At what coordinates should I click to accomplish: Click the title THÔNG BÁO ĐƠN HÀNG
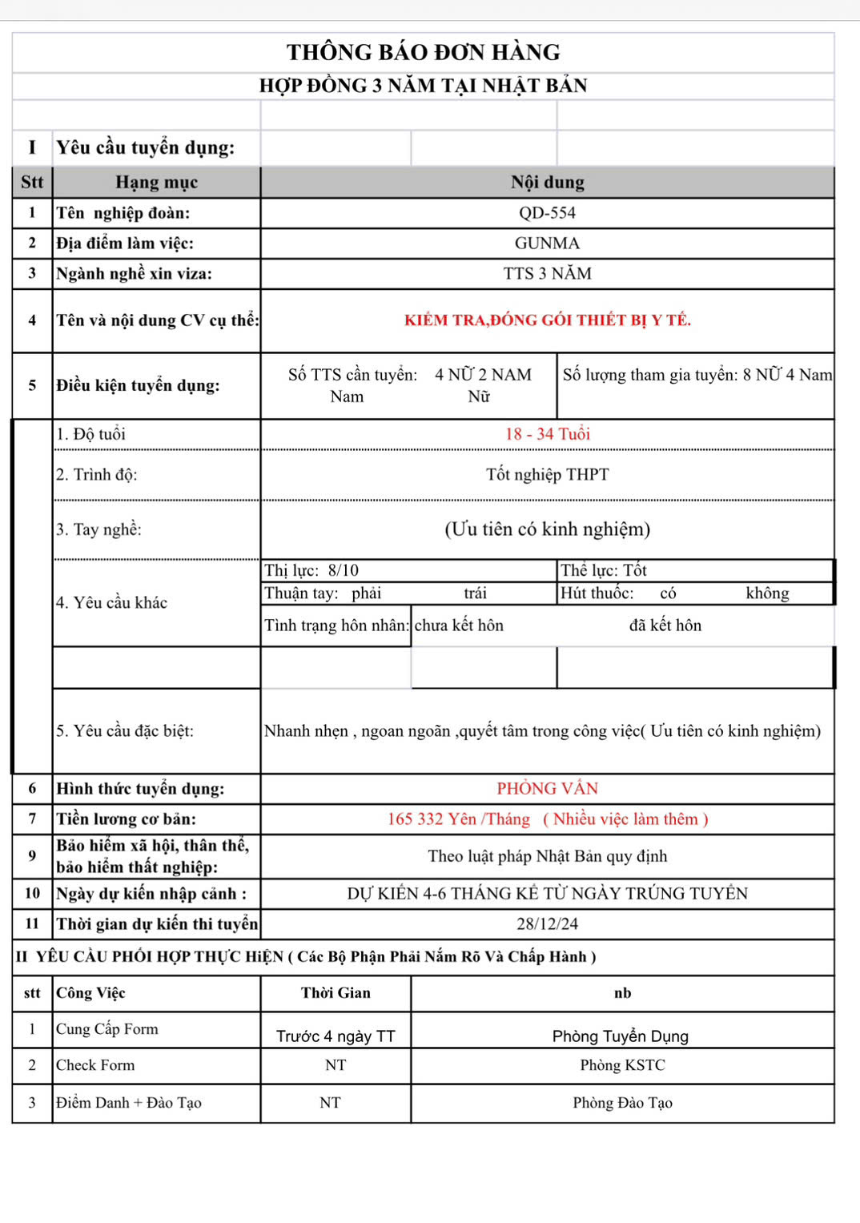(423, 53)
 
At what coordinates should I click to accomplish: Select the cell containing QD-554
(547, 213)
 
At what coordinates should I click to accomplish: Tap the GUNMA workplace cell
(547, 243)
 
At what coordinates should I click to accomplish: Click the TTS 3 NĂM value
(547, 274)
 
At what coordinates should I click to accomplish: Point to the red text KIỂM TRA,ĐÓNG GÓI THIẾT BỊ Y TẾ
(547, 320)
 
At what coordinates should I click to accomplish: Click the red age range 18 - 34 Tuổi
(547, 434)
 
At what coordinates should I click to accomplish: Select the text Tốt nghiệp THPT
(547, 475)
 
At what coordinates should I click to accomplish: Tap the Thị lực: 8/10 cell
(312, 570)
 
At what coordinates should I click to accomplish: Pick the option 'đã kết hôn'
(665, 626)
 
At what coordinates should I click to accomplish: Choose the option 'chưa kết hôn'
(459, 626)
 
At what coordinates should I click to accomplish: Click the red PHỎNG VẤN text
(547, 789)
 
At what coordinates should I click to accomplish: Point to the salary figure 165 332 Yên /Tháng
(459, 819)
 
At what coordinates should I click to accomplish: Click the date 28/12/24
(547, 924)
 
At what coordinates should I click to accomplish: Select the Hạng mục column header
(156, 183)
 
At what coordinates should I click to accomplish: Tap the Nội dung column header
(547, 183)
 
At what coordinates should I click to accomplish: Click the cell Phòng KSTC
(622, 1065)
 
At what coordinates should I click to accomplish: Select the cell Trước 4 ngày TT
(336, 1036)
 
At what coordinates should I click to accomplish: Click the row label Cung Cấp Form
(107, 1029)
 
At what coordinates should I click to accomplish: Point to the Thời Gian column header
(336, 993)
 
